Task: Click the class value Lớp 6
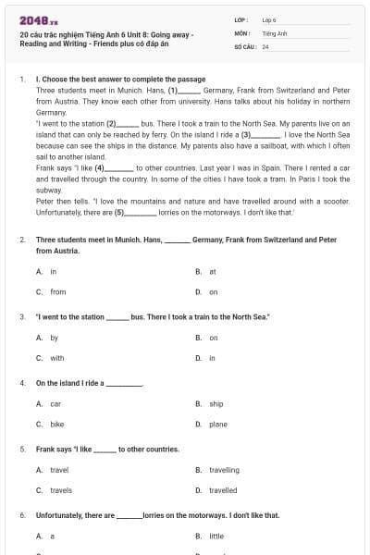point(269,18)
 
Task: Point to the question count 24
point(265,45)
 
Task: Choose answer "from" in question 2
point(57,291)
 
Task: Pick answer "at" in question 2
point(212,272)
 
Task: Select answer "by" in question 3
point(55,338)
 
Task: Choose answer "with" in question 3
point(57,357)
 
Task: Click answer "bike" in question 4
point(56,424)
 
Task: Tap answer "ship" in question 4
point(216,404)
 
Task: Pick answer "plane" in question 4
point(218,424)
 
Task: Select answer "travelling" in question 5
point(224,470)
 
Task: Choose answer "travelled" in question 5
point(223,489)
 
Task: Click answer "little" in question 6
point(216,536)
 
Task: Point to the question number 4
point(21,382)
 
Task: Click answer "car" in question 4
point(55,404)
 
